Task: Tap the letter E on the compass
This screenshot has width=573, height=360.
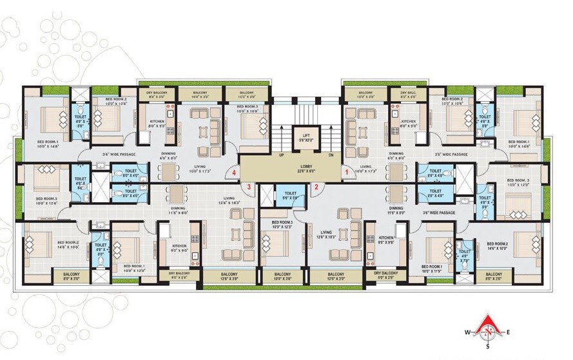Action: click(509, 332)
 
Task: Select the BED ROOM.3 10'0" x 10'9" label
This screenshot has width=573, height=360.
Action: click(246, 108)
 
